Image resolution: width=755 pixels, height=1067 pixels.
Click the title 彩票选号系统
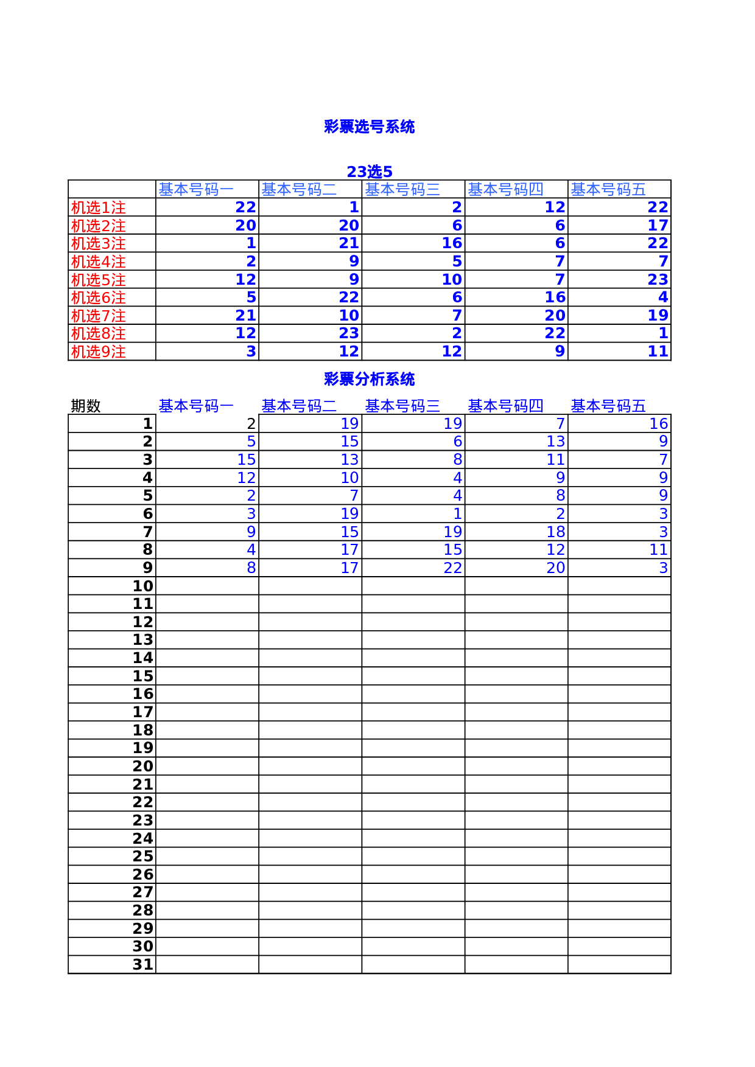[369, 127]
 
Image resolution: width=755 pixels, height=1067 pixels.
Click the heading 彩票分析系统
[369, 379]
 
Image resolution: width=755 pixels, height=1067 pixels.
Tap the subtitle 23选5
[369, 172]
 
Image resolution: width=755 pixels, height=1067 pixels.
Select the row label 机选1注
[98, 207]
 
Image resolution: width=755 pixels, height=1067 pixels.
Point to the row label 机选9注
[98, 352]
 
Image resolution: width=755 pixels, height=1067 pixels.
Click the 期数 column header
[85, 406]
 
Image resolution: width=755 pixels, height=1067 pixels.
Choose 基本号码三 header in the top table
[402, 189]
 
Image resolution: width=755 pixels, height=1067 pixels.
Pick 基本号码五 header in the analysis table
[608, 406]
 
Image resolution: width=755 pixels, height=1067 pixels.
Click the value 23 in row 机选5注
[658, 279]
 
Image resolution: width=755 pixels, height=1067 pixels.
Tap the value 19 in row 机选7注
[658, 315]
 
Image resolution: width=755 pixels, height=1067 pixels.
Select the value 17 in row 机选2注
[658, 225]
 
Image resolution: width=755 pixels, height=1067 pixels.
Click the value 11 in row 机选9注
[658, 351]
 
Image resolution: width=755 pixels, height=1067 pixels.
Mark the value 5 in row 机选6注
[251, 297]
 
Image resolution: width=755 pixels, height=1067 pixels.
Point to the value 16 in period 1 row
[658, 423]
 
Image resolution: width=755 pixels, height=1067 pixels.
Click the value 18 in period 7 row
[555, 532]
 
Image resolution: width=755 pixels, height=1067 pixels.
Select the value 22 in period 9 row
[452, 568]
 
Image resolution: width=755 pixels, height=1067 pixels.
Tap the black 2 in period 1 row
[251, 423]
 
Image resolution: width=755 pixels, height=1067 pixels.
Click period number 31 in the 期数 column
[142, 964]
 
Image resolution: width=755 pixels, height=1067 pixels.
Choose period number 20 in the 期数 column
[142, 766]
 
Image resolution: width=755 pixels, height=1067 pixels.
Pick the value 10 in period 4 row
[349, 478]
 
